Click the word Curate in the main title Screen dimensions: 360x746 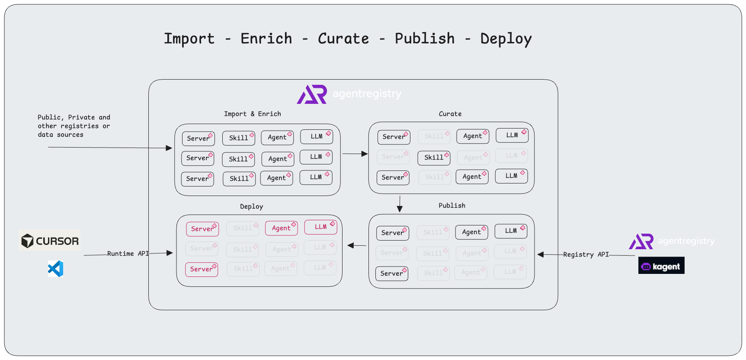pos(343,39)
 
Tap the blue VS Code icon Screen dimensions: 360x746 pos(56,269)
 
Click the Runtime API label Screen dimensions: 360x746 pos(128,254)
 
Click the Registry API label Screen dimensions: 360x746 pos(586,254)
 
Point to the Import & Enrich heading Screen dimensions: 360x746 pos(252,114)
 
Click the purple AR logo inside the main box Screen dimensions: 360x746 pos(312,94)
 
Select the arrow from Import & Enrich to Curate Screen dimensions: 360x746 pos(355,154)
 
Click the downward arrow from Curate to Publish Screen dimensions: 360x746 pos(400,204)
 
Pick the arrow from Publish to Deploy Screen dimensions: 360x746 pos(357,245)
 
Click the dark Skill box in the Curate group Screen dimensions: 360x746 pos(434,157)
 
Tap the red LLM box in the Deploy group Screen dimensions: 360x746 pos(320,227)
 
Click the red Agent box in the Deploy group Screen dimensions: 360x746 pos(282,228)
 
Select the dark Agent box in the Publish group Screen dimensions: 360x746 pos(471,232)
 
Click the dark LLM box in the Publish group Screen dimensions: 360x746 pos(511,231)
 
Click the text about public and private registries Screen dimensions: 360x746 pos(74,126)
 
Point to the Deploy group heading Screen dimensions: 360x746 pos(251,206)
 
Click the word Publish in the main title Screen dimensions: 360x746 pos(424,39)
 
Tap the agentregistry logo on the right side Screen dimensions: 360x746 pos(672,241)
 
